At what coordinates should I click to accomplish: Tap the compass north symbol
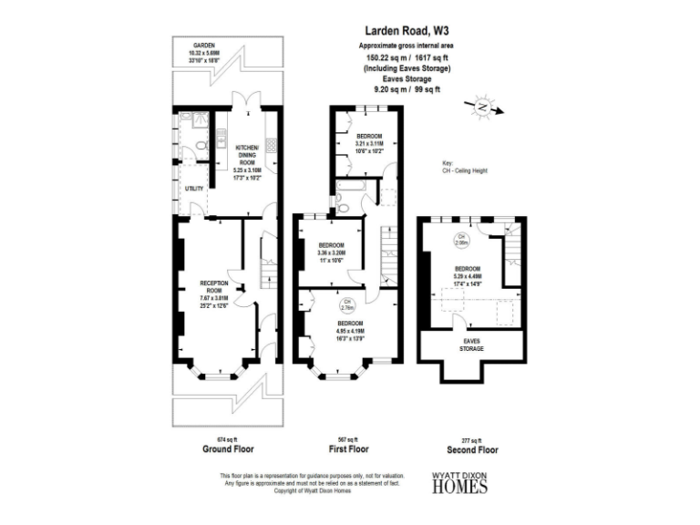(480, 108)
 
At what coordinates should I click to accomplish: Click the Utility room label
(193, 189)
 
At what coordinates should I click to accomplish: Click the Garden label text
(203, 46)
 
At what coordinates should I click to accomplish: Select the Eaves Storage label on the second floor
(471, 345)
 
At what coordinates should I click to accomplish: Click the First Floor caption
(348, 449)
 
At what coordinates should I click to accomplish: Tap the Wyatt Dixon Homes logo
(458, 483)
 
